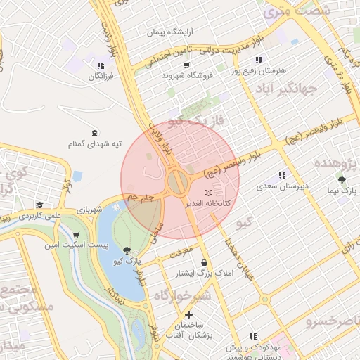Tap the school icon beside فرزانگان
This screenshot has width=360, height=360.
pyautogui.click(x=101, y=65)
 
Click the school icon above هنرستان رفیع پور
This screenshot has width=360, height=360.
pyautogui.click(x=259, y=60)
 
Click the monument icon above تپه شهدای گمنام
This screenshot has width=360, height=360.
pyautogui.click(x=95, y=133)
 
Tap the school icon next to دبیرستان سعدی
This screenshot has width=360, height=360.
pyautogui.click(x=282, y=175)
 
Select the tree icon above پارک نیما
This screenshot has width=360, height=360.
pyautogui.click(x=342, y=180)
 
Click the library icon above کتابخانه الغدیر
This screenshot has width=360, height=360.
pyautogui.click(x=207, y=192)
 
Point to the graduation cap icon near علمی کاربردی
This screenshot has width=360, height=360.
pyautogui.click(x=40, y=205)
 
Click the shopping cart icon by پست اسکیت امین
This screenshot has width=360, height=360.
pyautogui.click(x=76, y=235)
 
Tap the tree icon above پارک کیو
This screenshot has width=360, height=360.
pyautogui.click(x=127, y=250)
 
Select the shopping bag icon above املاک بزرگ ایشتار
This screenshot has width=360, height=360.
pyautogui.click(x=204, y=262)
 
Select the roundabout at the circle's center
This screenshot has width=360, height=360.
pyautogui.click(x=177, y=183)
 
